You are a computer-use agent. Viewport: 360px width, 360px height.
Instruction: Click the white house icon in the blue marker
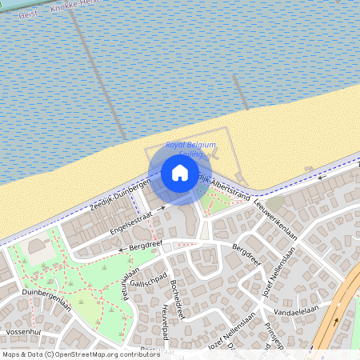[180, 172]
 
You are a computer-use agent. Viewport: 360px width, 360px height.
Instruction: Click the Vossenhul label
[22, 330]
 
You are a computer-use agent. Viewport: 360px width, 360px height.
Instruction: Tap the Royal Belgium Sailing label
[190, 149]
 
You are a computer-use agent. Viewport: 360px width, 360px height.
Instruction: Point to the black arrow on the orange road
[336, 322]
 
